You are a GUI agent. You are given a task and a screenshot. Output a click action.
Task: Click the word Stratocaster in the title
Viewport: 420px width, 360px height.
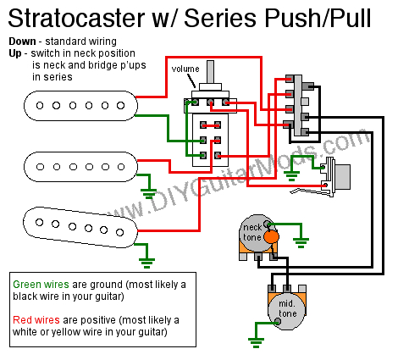pyautogui.click(x=76, y=18)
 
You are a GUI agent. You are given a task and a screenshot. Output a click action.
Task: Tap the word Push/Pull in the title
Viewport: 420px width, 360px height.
pyautogui.click(x=318, y=18)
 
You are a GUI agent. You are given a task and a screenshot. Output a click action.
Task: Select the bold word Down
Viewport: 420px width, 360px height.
pyautogui.click(x=22, y=42)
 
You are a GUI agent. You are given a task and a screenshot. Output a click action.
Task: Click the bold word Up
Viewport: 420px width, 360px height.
pyautogui.click(x=15, y=53)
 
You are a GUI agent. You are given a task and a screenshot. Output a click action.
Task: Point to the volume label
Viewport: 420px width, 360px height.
pyautogui.click(x=185, y=69)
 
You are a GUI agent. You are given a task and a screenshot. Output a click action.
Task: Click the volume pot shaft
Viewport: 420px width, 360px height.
pyautogui.click(x=210, y=72)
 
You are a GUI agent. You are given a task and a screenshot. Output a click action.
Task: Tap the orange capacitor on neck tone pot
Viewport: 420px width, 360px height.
pyautogui.click(x=271, y=237)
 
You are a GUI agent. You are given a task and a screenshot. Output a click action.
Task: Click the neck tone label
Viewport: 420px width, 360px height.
pyautogui.click(x=252, y=232)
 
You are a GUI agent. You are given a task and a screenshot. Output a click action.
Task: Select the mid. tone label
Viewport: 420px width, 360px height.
pyautogui.click(x=287, y=308)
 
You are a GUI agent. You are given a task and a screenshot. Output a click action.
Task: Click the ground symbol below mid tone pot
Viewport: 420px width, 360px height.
pyautogui.click(x=256, y=342)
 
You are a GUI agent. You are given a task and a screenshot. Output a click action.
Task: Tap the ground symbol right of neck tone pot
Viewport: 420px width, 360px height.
pyautogui.click(x=301, y=242)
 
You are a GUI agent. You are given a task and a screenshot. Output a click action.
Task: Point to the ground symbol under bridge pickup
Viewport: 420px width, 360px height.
pyautogui.click(x=146, y=263)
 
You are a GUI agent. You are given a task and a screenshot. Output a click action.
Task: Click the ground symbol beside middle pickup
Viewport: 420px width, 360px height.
pyautogui.click(x=148, y=194)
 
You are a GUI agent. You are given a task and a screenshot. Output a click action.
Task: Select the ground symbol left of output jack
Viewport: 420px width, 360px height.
pyautogui.click(x=291, y=175)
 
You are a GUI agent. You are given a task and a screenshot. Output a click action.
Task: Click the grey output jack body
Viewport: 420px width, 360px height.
pyautogui.click(x=342, y=177)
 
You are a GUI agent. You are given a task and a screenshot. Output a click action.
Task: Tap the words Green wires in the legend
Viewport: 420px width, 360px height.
pyautogui.click(x=41, y=285)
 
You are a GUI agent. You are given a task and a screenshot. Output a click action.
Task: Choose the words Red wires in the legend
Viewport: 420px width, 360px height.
pyautogui.click(x=36, y=320)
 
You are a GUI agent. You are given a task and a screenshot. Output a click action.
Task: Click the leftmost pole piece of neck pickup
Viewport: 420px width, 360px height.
pyautogui.click(x=40, y=106)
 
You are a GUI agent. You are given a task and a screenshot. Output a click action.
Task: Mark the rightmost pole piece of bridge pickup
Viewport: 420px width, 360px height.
pyautogui.click(x=120, y=232)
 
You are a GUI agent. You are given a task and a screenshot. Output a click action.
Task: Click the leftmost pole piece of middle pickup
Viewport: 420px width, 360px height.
pyautogui.click(x=41, y=167)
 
